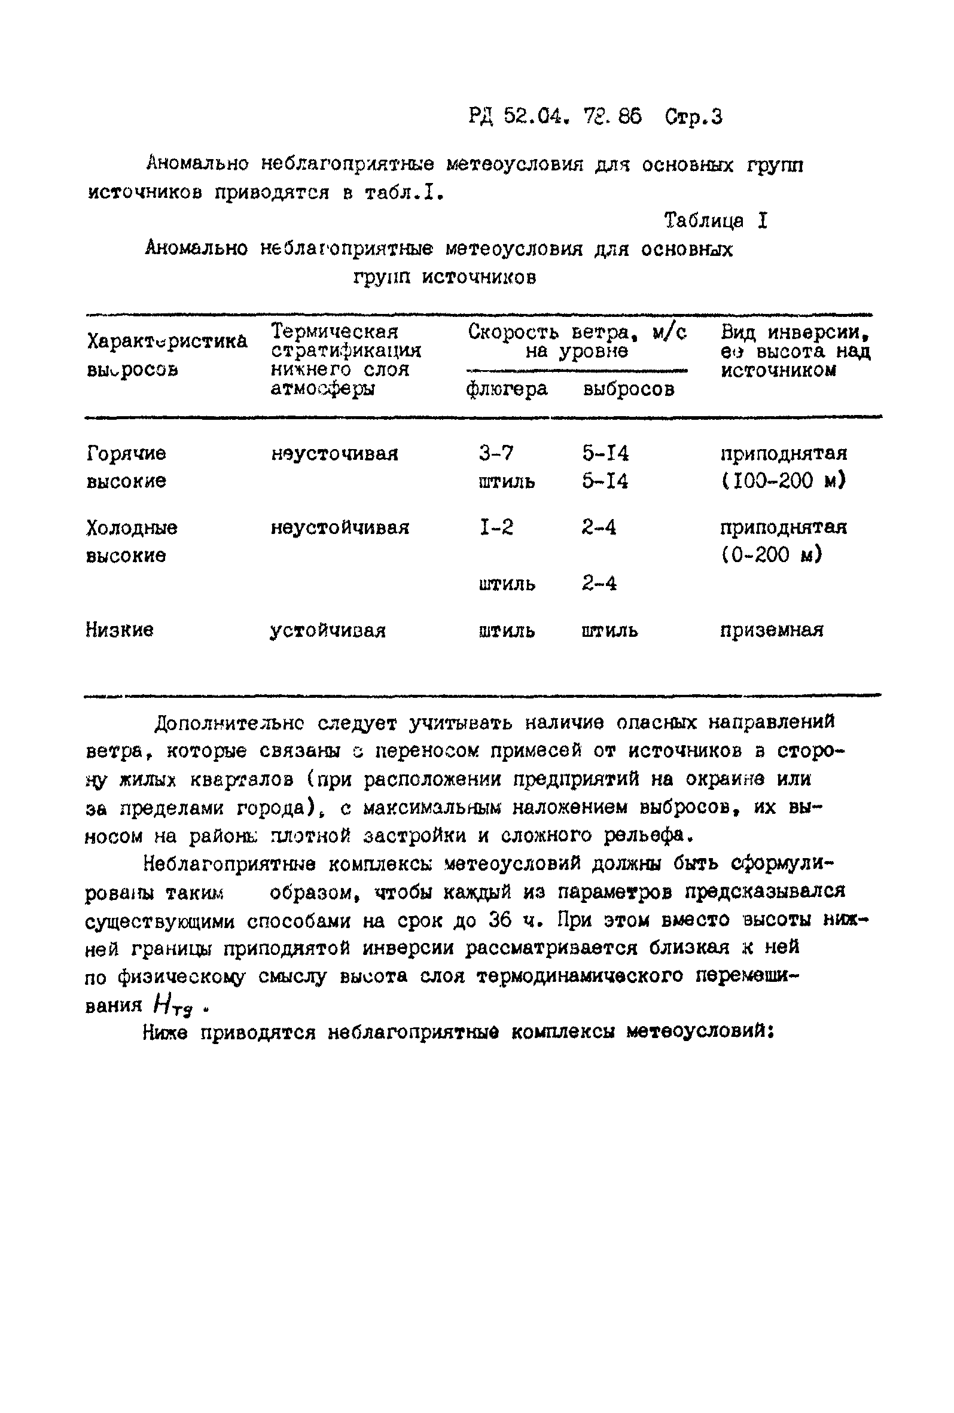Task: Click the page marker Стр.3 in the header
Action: coord(693,116)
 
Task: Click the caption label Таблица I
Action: coord(716,221)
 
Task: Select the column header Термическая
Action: coord(334,332)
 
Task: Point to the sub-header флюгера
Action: coord(507,389)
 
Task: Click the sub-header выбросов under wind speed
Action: coord(628,389)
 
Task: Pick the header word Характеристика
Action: coord(167,341)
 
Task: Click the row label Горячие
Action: coord(126,454)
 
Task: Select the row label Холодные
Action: coord(132,527)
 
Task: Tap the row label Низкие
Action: coord(119,630)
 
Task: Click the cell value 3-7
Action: coord(496,454)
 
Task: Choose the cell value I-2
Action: coord(496,527)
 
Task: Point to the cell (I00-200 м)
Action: coord(783,481)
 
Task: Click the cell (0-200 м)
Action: coord(771,554)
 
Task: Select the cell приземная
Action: coord(771,630)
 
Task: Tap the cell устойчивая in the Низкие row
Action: coord(328,630)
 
